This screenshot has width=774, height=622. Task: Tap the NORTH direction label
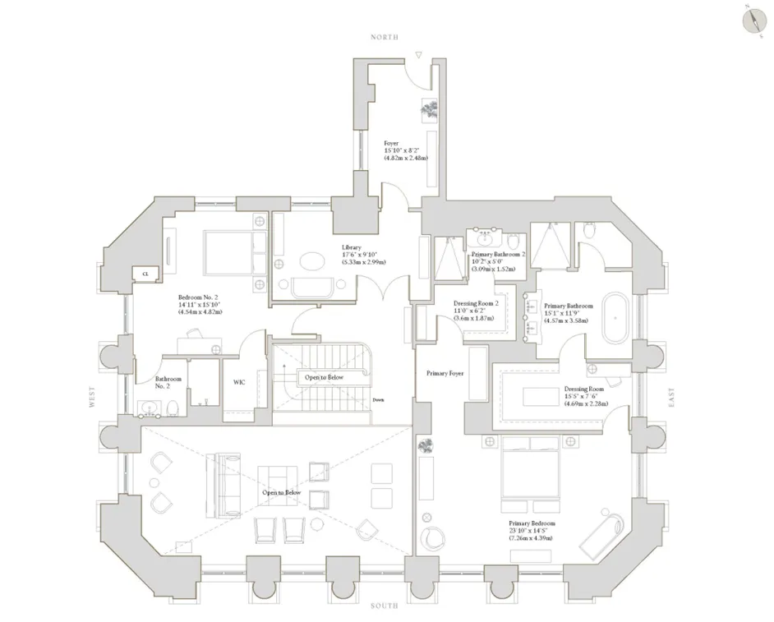pyautogui.click(x=384, y=38)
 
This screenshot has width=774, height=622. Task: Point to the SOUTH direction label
pyautogui.click(x=384, y=606)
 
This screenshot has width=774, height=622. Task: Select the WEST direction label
pyautogui.click(x=93, y=399)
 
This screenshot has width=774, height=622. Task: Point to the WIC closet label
pyautogui.click(x=239, y=382)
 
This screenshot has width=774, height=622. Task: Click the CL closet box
pyautogui.click(x=145, y=274)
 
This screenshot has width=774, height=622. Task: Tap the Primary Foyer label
pyautogui.click(x=445, y=373)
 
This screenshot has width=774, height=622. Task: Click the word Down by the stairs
pyautogui.click(x=379, y=400)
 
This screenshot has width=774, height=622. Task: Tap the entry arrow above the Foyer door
pyautogui.click(x=419, y=56)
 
